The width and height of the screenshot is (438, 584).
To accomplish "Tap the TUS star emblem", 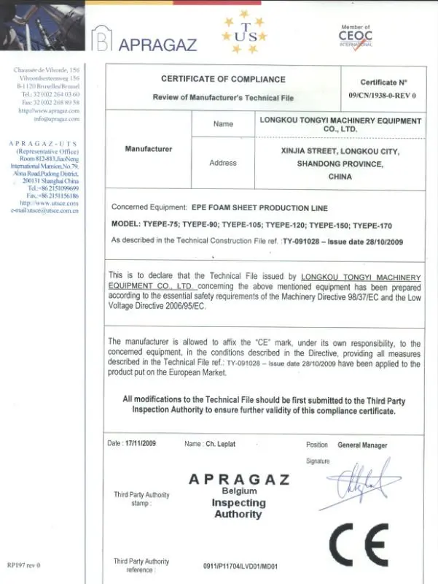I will click(245, 33).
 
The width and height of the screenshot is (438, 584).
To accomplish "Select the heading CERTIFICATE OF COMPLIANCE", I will click(223, 79).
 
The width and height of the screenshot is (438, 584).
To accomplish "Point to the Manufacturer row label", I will click(149, 149).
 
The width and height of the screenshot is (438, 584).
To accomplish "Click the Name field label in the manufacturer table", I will click(223, 124).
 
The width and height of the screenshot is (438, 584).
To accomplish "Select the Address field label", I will click(223, 163).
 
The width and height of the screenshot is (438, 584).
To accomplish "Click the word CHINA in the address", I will click(340, 177).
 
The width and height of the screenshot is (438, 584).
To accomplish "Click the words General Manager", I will click(362, 445).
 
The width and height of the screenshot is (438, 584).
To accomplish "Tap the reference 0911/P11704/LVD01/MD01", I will click(241, 566).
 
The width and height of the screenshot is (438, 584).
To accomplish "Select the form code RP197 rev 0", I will click(23, 565).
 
